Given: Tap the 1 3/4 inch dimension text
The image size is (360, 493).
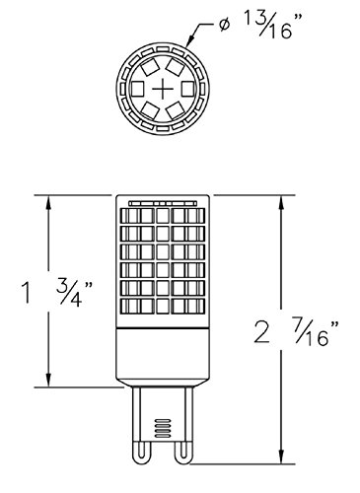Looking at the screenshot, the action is (x=56, y=293).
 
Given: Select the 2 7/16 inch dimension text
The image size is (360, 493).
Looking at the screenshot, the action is (x=296, y=331).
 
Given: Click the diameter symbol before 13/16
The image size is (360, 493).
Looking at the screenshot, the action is (x=224, y=26).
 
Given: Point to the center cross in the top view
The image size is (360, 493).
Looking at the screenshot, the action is (x=163, y=89).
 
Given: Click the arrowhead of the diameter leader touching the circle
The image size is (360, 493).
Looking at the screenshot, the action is (x=189, y=41).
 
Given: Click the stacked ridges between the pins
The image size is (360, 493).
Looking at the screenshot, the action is (x=163, y=428).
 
